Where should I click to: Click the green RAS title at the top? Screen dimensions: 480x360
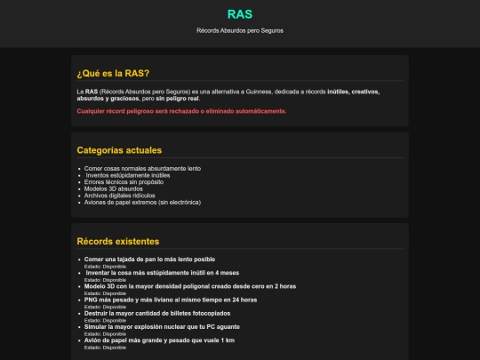point(239,14)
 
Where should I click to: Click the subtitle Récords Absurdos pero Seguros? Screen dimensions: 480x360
point(239,30)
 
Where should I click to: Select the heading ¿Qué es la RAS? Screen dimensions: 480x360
point(114,73)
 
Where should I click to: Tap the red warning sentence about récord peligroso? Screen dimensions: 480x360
point(182,111)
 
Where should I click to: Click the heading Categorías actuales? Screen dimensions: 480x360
point(120,150)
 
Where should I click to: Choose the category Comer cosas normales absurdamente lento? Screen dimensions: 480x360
point(142,168)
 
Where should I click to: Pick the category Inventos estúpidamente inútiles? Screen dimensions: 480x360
point(126,174)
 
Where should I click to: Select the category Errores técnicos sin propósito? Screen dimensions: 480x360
point(126,180)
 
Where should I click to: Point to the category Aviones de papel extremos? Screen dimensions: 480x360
point(142,202)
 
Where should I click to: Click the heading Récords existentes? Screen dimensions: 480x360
point(118,241)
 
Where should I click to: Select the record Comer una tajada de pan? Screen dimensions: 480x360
point(149,259)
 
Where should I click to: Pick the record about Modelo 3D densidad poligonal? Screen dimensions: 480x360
point(189,286)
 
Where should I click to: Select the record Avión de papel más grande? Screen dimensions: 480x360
point(159,340)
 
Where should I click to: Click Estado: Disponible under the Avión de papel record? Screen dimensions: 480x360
point(105,347)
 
